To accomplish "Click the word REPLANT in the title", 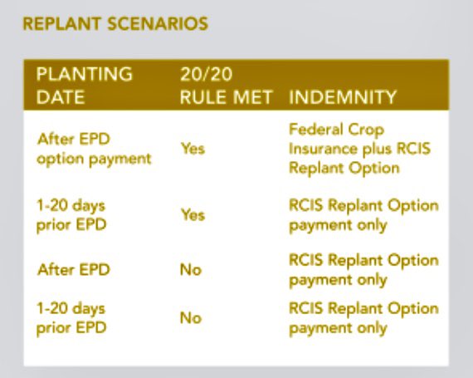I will coord(59,23).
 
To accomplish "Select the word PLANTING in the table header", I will coord(84,74).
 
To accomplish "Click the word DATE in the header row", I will coord(61,97).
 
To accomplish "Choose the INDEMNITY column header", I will coord(343,97).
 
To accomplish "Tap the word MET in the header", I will coord(255,97).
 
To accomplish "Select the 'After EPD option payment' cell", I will coord(95,150).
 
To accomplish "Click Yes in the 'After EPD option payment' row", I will coord(193,150).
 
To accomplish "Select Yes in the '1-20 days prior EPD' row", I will coord(193,214).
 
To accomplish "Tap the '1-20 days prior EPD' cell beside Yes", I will coord(72,214).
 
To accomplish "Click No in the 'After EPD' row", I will coord(191,269).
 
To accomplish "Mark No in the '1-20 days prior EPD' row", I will coord(191,317).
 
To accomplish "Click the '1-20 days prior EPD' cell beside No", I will coord(72,317).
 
